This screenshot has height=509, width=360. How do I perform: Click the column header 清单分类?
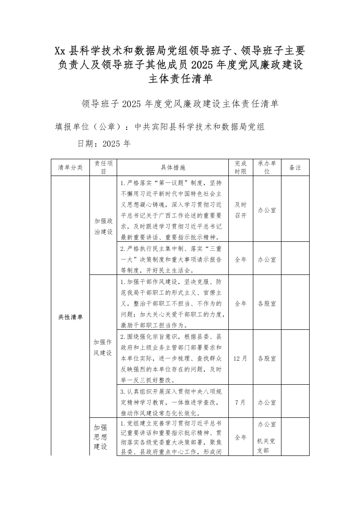tap(70, 167)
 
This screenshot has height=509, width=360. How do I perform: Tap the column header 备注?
tap(295, 167)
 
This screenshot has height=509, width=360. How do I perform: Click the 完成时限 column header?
tap(241, 167)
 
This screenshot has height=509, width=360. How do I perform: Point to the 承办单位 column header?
tap(267, 167)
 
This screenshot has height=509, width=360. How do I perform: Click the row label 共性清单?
tap(70, 317)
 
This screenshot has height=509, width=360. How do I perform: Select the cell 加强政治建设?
tap(103, 225)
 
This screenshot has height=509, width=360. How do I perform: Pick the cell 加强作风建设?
tap(103, 347)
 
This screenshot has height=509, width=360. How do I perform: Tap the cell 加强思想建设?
tap(100, 437)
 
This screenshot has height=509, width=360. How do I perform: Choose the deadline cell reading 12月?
tap(241, 358)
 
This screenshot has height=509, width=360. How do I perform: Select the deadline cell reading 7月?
tap(241, 402)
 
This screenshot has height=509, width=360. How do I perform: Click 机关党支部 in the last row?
tap(267, 445)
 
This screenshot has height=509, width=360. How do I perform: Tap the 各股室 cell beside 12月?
tap(267, 358)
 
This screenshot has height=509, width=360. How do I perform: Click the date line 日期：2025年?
tap(104, 144)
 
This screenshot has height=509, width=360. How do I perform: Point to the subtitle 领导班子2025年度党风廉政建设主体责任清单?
tap(180, 104)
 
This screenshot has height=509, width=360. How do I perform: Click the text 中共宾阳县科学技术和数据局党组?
tap(200, 127)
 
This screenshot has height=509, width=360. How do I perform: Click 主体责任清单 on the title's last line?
tap(180, 79)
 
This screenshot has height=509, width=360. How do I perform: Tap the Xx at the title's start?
tap(61, 49)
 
